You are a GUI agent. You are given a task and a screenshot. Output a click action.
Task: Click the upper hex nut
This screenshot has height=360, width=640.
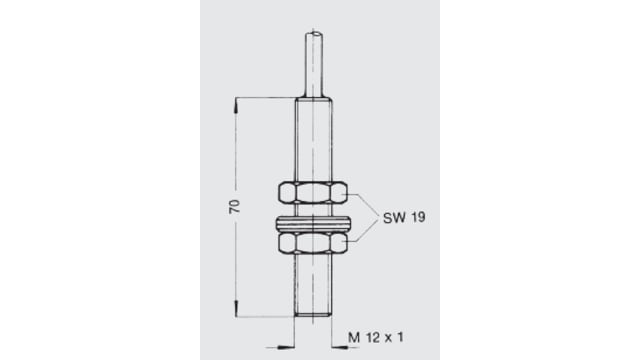pyautogui.click(x=314, y=193)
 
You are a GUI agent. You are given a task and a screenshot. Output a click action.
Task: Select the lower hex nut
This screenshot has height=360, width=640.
pyautogui.click(x=314, y=243)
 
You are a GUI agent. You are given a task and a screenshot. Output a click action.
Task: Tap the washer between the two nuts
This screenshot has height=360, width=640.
pyautogui.click(x=314, y=219)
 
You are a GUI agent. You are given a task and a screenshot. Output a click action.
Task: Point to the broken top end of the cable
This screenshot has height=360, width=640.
pyautogui.click(x=314, y=36)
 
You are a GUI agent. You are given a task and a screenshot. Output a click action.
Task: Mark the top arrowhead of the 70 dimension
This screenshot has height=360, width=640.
pyautogui.click(x=237, y=101)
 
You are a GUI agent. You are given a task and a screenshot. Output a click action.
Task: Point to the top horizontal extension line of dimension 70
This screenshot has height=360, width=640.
pyautogui.click(x=265, y=97)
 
